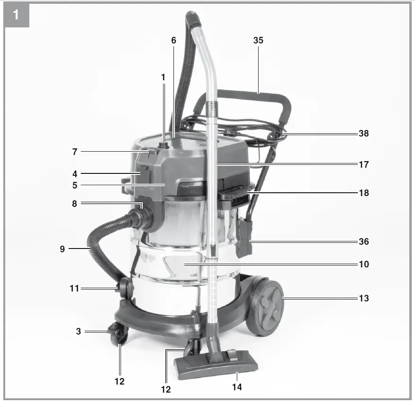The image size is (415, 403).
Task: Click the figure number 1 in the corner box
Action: [x=17, y=15]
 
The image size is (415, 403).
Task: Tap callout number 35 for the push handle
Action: [x=258, y=41]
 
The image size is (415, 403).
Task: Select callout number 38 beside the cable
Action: [x=363, y=134]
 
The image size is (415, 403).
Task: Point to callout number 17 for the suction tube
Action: [x=363, y=165]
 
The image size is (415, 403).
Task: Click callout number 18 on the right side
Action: [x=363, y=193]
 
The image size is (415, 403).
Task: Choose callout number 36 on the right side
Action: [x=363, y=241]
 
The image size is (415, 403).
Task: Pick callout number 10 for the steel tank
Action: [x=363, y=264]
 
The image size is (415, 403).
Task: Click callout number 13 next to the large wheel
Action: [x=363, y=299]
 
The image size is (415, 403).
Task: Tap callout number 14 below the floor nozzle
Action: [x=237, y=387]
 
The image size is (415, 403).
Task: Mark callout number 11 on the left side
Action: [x=74, y=288]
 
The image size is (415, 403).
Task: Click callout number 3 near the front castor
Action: [x=78, y=332]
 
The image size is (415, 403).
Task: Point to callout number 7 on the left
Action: [x=75, y=152]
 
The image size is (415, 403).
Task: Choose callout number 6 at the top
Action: [x=173, y=41]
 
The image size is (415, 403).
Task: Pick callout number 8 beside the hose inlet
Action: [x=75, y=204]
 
